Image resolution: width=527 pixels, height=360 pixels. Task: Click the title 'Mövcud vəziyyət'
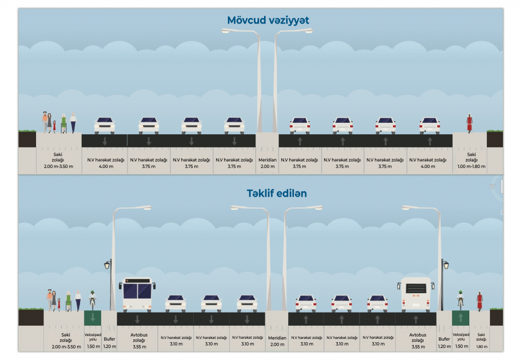click(x=268, y=21)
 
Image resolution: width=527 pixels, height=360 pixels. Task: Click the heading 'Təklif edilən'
click(x=277, y=194)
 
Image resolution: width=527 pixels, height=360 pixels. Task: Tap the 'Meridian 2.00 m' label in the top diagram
click(x=268, y=163)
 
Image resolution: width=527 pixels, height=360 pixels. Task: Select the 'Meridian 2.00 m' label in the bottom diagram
click(x=277, y=341)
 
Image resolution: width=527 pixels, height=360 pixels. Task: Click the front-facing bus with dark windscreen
click(x=137, y=294)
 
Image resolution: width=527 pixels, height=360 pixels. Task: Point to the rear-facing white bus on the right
click(x=416, y=294)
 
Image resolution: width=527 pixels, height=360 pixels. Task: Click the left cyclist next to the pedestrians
click(x=93, y=301)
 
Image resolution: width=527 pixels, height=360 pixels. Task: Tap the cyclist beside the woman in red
click(x=461, y=301)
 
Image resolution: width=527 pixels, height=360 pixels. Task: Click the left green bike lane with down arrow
click(x=93, y=318)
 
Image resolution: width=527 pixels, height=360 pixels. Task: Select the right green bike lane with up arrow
click(x=461, y=318)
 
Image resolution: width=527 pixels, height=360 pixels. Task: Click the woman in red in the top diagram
click(x=469, y=123)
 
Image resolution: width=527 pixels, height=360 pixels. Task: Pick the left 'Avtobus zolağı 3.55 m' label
click(x=139, y=341)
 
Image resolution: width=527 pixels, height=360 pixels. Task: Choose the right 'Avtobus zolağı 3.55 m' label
click(x=418, y=341)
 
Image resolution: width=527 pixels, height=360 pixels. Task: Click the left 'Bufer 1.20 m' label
click(x=110, y=342)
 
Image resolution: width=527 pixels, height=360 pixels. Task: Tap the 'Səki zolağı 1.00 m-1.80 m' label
click(x=471, y=161)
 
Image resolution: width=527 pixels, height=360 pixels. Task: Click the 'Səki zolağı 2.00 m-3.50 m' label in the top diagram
click(x=58, y=161)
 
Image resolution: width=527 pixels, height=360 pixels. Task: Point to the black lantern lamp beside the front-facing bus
click(x=107, y=265)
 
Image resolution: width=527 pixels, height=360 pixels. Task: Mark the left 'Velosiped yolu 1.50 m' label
click(x=93, y=340)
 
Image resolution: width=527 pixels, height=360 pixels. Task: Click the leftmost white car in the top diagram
click(x=105, y=125)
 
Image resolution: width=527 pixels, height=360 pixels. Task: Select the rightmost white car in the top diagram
click(x=429, y=125)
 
